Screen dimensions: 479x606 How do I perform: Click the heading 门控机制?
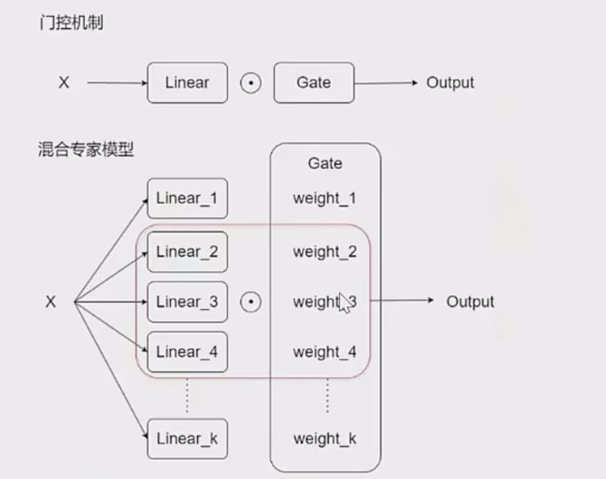click(x=72, y=24)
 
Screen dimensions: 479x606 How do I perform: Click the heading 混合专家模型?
click(x=87, y=151)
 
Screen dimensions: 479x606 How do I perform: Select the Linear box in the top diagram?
click(x=188, y=82)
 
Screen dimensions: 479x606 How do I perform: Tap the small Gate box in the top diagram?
click(x=313, y=82)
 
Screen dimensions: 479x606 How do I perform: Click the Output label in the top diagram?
click(x=450, y=82)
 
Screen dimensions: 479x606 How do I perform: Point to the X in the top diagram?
click(x=63, y=82)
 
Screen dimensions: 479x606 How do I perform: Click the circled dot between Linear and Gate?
click(x=251, y=83)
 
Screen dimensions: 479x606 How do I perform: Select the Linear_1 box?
click(x=188, y=199)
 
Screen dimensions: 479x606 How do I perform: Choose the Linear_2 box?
click(x=188, y=251)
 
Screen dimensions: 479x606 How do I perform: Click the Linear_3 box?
click(x=188, y=301)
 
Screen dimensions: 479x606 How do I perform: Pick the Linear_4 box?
click(x=188, y=352)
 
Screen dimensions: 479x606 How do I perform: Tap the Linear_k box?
click(x=188, y=438)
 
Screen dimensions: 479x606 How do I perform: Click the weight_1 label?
click(x=325, y=199)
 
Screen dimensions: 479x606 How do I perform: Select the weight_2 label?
click(x=325, y=251)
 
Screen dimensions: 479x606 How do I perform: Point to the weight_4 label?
click(x=325, y=352)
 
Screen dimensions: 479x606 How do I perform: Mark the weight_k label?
click(x=325, y=438)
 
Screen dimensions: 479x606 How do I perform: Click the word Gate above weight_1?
click(x=325, y=163)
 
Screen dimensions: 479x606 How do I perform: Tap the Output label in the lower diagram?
click(x=470, y=301)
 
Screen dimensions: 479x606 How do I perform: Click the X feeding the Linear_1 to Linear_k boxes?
click(x=50, y=301)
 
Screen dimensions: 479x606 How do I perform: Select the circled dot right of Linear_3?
click(x=251, y=301)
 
